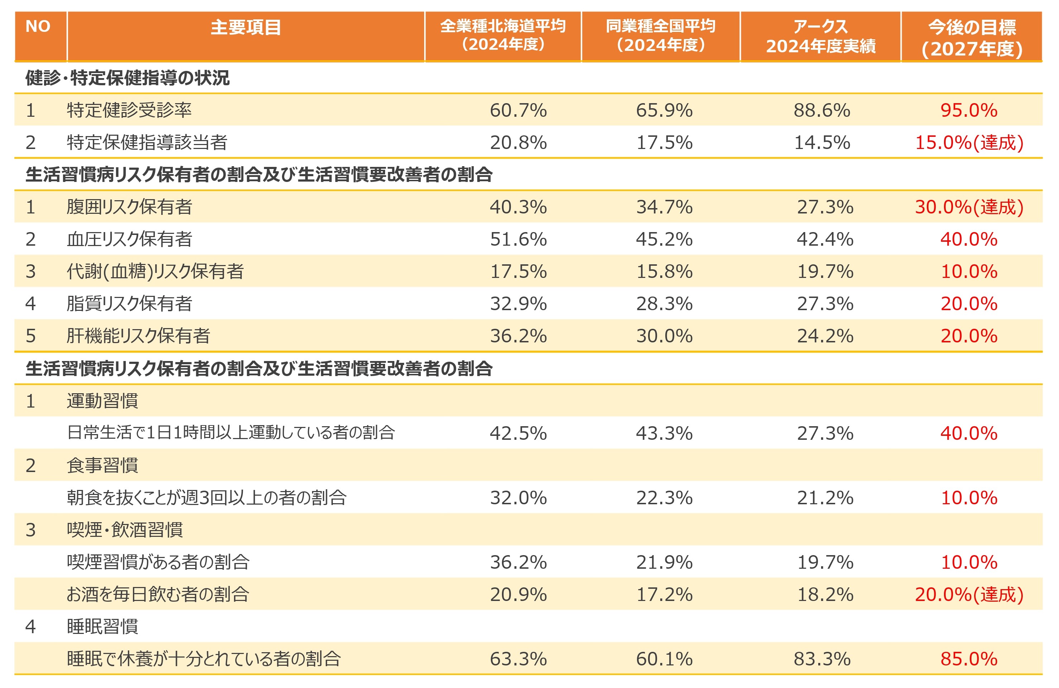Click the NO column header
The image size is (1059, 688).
[38, 27]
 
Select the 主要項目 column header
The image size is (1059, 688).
[246, 28]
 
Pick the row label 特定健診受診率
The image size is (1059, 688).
[129, 110]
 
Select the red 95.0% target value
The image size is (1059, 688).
[969, 110]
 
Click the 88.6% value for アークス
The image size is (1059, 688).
[822, 110]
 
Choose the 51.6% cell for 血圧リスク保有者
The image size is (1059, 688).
[518, 239]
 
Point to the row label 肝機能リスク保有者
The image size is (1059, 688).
[138, 336]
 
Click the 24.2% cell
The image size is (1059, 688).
[825, 336]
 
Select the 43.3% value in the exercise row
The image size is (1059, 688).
[664, 433]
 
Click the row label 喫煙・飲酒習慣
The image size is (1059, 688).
[125, 530]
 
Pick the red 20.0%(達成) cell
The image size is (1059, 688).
[969, 595]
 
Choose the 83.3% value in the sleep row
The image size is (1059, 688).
[822, 659]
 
